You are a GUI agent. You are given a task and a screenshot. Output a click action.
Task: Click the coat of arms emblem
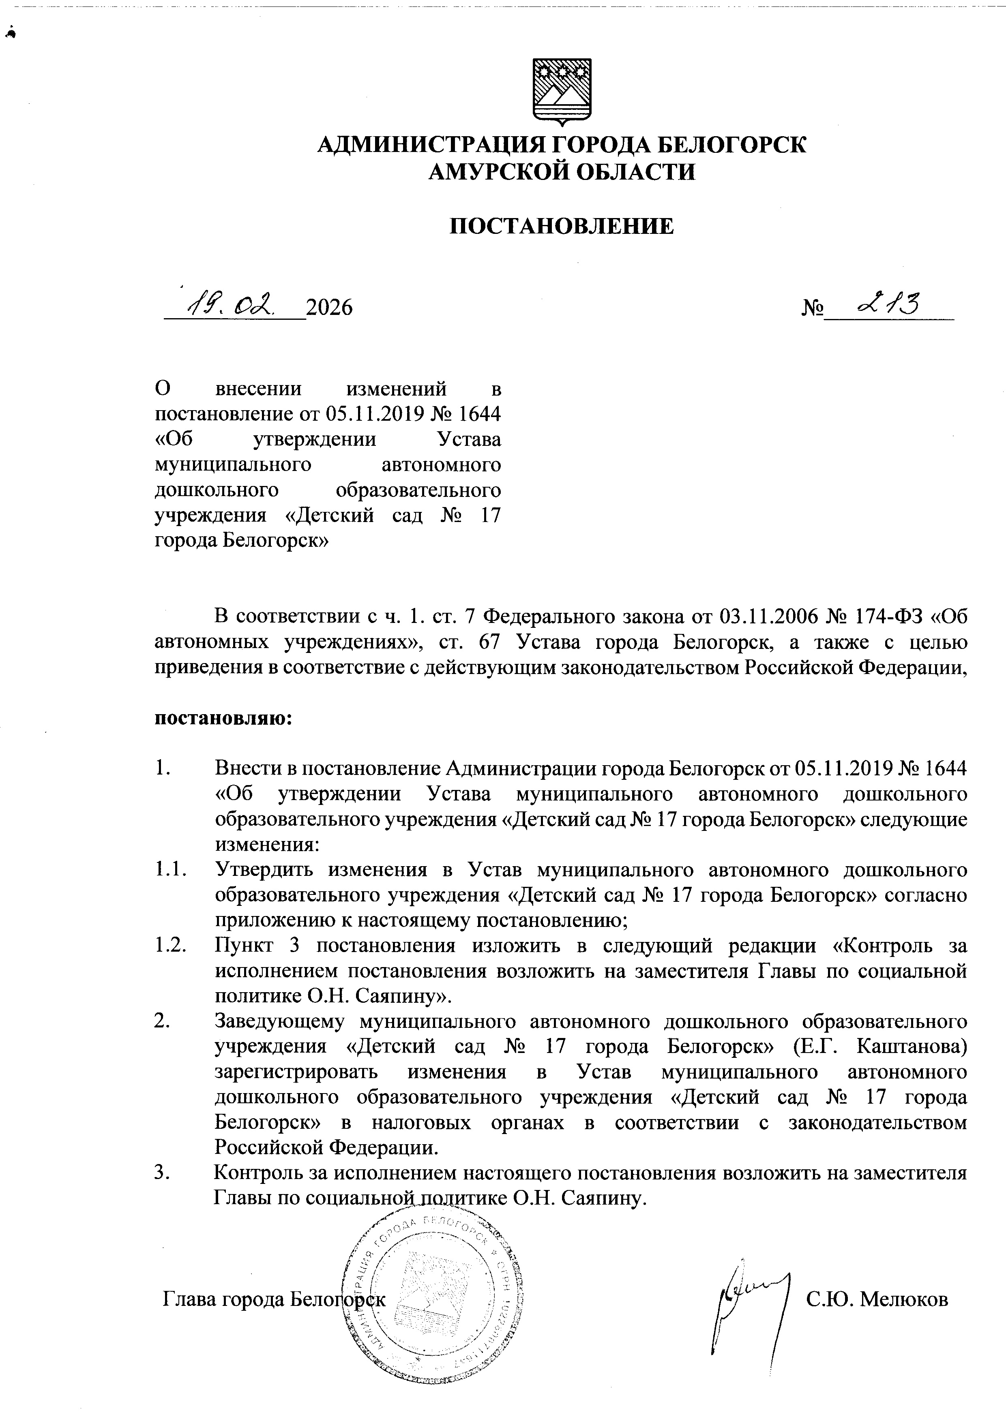pyautogui.click(x=562, y=92)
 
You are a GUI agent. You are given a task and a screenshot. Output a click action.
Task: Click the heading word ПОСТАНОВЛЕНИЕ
pyautogui.click(x=561, y=227)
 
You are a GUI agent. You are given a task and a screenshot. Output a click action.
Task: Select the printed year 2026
pyautogui.click(x=330, y=307)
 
